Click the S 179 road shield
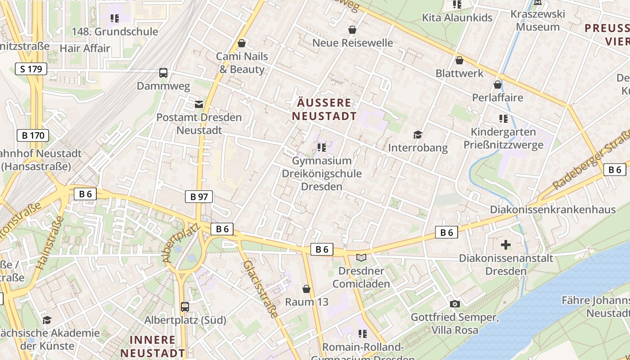pyautogui.click(x=31, y=69)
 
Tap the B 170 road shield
pyautogui.click(x=33, y=135)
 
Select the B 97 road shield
pyautogui.click(x=198, y=196)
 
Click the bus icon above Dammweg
pyautogui.click(x=163, y=72)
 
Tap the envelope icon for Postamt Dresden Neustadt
pyautogui.click(x=198, y=104)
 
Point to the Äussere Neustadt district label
pyautogui.click(x=324, y=109)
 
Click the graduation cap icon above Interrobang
pyautogui.click(x=418, y=135)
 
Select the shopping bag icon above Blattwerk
pyautogui.click(x=459, y=60)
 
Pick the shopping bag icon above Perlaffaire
pyautogui.click(x=497, y=85)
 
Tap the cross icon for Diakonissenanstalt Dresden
pyautogui.click(x=506, y=245)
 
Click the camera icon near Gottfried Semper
pyautogui.click(x=454, y=304)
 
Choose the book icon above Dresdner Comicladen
pyautogui.click(x=361, y=257)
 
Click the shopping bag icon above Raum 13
pyautogui.click(x=306, y=288)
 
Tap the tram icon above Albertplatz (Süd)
pyautogui.click(x=184, y=307)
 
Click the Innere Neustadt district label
pyautogui.click(x=152, y=346)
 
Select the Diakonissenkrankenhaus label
pyautogui.click(x=553, y=210)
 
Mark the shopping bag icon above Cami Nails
pyautogui.click(x=242, y=43)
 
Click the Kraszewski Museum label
pyautogui.click(x=538, y=20)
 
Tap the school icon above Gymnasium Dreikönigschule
pyautogui.click(x=321, y=147)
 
